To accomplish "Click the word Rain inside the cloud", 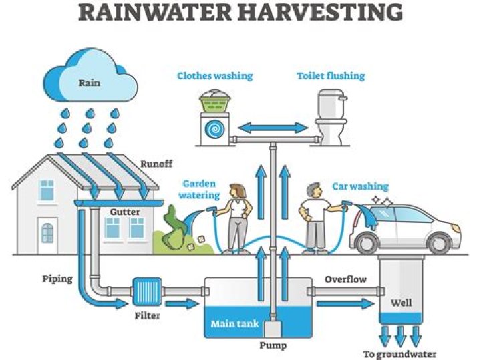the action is click(x=90, y=83).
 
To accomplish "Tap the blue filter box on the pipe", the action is click(x=147, y=292).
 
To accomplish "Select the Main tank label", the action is click(x=234, y=324).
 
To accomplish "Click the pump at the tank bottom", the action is click(x=273, y=329).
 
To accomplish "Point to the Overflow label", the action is click(x=346, y=279).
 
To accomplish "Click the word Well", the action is click(x=402, y=303).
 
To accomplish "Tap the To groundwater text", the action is click(x=399, y=354).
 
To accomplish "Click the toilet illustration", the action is click(x=331, y=118).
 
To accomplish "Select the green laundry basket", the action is click(x=215, y=101).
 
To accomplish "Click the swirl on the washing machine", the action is click(x=214, y=129).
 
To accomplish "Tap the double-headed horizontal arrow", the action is click(x=273, y=128).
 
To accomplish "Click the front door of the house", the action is click(x=47, y=236).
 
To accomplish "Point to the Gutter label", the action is click(x=124, y=212).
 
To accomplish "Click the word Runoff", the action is click(x=156, y=164).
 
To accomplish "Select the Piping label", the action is click(x=57, y=279).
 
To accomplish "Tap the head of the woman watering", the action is click(x=238, y=191).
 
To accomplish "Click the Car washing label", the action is click(x=361, y=186).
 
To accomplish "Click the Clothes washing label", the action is click(x=214, y=76).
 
